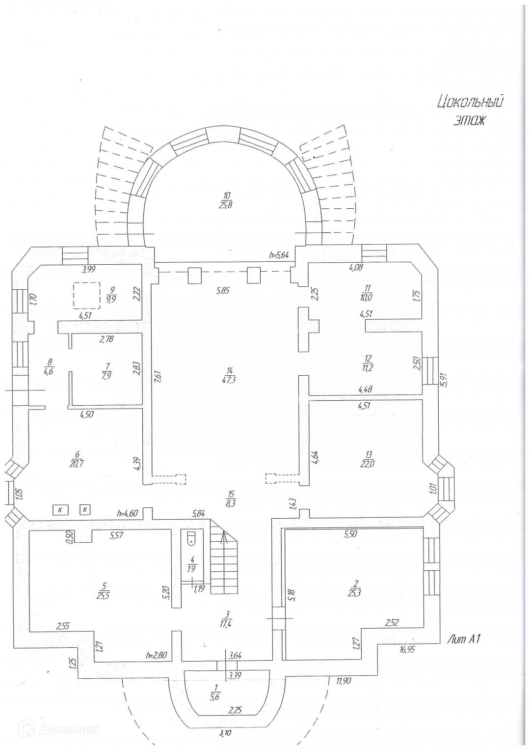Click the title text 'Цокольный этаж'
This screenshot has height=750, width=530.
(470, 111)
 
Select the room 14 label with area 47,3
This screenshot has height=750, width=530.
(230, 376)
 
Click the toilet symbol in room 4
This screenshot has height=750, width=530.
(191, 538)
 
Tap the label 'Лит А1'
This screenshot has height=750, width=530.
(464, 639)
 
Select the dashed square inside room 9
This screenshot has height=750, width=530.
(87, 295)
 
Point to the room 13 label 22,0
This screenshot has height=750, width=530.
(369, 460)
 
